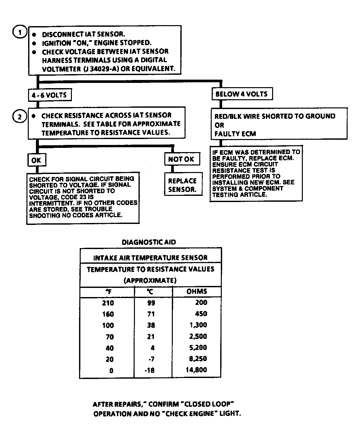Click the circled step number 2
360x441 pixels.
[19, 116]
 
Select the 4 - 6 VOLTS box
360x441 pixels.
[49, 95]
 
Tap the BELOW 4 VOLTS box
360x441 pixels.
[241, 94]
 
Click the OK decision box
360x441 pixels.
[36, 160]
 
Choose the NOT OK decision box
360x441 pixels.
[181, 159]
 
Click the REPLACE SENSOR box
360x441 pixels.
[183, 185]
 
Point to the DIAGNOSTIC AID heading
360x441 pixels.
[149, 242]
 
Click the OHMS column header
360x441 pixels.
[197, 291]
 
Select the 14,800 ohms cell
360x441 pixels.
[196, 370]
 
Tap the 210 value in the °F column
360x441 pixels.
[108, 303]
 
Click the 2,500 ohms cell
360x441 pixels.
[198, 336]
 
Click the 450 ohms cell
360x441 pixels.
[201, 314]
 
